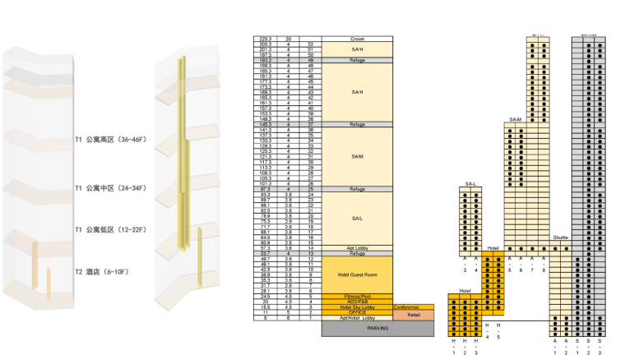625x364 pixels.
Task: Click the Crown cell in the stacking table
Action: pos(357,39)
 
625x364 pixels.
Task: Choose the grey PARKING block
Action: pos(377,328)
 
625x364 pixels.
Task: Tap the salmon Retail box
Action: pos(413,313)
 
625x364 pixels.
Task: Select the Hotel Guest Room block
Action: pos(357,274)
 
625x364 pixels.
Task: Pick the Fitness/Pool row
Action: pos(357,296)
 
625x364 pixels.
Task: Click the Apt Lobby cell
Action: pos(357,247)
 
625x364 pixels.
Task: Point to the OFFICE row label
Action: pos(357,312)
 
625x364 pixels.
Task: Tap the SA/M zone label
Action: pos(357,156)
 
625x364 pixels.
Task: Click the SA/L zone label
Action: pos(357,218)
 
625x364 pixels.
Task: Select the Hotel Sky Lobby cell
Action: pos(357,306)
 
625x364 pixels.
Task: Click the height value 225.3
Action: pos(265,39)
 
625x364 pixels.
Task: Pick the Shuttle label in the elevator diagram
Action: pos(560,238)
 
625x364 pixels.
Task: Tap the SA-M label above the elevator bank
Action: pos(516,120)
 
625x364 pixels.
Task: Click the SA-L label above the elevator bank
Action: pos(470,183)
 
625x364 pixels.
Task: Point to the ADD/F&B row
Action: pos(357,302)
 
